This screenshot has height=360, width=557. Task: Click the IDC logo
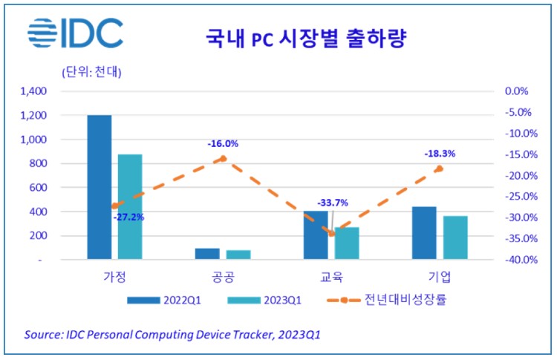click(75, 33)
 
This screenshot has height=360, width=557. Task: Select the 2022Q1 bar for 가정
click(99, 187)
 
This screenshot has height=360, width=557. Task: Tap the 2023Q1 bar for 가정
click(129, 207)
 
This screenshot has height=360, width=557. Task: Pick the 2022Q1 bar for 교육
click(315, 235)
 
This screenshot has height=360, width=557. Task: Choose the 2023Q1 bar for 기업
click(455, 238)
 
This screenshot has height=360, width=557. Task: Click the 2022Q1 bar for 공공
click(207, 254)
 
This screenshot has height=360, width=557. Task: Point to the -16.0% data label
click(223, 143)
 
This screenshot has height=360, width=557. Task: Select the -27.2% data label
click(128, 217)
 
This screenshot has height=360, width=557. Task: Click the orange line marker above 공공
click(223, 158)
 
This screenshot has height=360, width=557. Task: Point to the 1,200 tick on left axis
click(34, 116)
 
